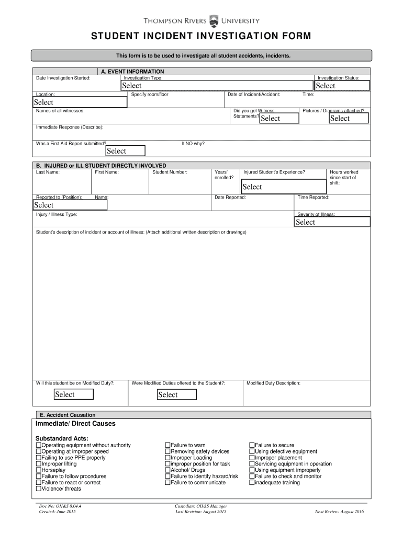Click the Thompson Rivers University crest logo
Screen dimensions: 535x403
click(214, 21)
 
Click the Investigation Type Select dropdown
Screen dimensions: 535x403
click(217, 86)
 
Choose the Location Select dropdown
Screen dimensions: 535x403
click(80, 102)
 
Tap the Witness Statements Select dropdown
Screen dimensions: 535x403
click(279, 118)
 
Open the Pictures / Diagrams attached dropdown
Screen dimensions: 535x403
click(349, 118)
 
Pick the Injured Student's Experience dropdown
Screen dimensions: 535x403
click(282, 187)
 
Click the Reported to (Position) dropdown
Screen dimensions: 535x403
click(70, 205)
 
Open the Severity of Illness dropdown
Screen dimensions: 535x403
click(332, 222)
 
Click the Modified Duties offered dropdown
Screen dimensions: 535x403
click(177, 394)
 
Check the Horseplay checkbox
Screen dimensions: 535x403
click(38, 470)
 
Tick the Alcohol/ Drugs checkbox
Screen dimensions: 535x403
click(167, 470)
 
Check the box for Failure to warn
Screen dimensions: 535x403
click(167, 445)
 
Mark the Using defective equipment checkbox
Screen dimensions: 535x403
click(251, 451)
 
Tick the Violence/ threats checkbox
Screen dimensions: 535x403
click(38, 489)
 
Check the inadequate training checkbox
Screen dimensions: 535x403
click(251, 483)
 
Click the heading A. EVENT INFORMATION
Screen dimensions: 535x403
click(132, 72)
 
